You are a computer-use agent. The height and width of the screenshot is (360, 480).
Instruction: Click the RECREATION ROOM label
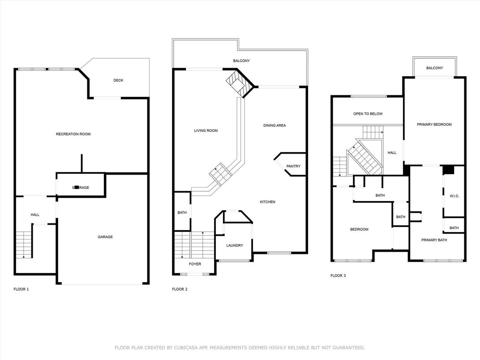(73, 134)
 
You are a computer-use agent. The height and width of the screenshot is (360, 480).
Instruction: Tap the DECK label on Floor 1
(118, 81)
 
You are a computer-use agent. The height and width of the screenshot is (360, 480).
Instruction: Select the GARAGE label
(105, 237)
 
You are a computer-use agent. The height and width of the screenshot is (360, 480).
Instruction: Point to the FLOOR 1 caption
(21, 289)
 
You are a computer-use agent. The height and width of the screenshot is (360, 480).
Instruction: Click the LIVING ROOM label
(206, 131)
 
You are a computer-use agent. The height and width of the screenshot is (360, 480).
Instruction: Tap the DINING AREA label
(274, 125)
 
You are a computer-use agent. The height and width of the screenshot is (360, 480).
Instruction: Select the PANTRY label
(293, 167)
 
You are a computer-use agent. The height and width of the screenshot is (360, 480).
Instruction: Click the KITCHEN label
(267, 202)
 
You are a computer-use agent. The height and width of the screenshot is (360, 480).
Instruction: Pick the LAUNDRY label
(234, 245)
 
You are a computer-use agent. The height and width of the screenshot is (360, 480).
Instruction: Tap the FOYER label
(195, 264)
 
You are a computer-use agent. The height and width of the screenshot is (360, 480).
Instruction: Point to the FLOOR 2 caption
(180, 289)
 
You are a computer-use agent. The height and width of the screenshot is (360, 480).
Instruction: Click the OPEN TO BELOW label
(368, 114)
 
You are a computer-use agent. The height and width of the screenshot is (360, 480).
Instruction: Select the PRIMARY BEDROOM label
(434, 124)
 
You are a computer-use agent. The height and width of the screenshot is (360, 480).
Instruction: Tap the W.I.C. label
(454, 196)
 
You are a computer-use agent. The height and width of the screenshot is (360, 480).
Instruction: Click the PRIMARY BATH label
(434, 240)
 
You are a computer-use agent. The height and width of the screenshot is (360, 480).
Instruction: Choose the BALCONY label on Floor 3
(434, 68)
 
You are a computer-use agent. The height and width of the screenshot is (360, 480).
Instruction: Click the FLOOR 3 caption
(338, 276)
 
